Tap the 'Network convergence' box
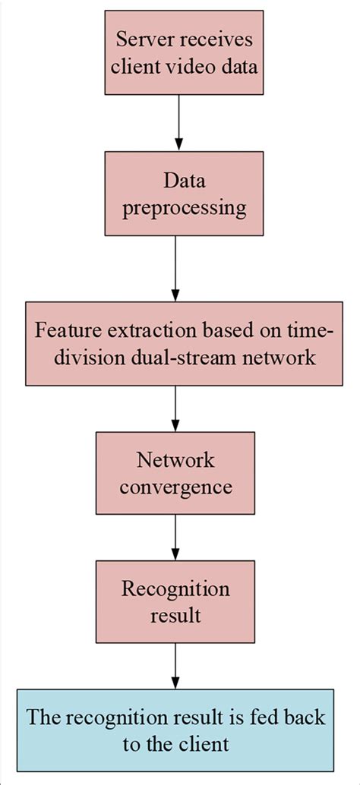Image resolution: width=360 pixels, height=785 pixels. click(175, 473)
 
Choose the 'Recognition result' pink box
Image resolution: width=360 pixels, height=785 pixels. click(175, 602)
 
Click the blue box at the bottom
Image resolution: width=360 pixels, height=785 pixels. click(175, 730)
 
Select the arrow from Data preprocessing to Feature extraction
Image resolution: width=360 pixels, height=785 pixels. click(175, 270)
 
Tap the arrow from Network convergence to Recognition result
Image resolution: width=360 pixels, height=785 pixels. click(175, 538)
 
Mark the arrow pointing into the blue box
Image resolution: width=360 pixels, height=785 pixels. click(175, 666)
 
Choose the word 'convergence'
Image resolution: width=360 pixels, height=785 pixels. click(175, 487)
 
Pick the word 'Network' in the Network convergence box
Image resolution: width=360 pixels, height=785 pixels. click(175, 459)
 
